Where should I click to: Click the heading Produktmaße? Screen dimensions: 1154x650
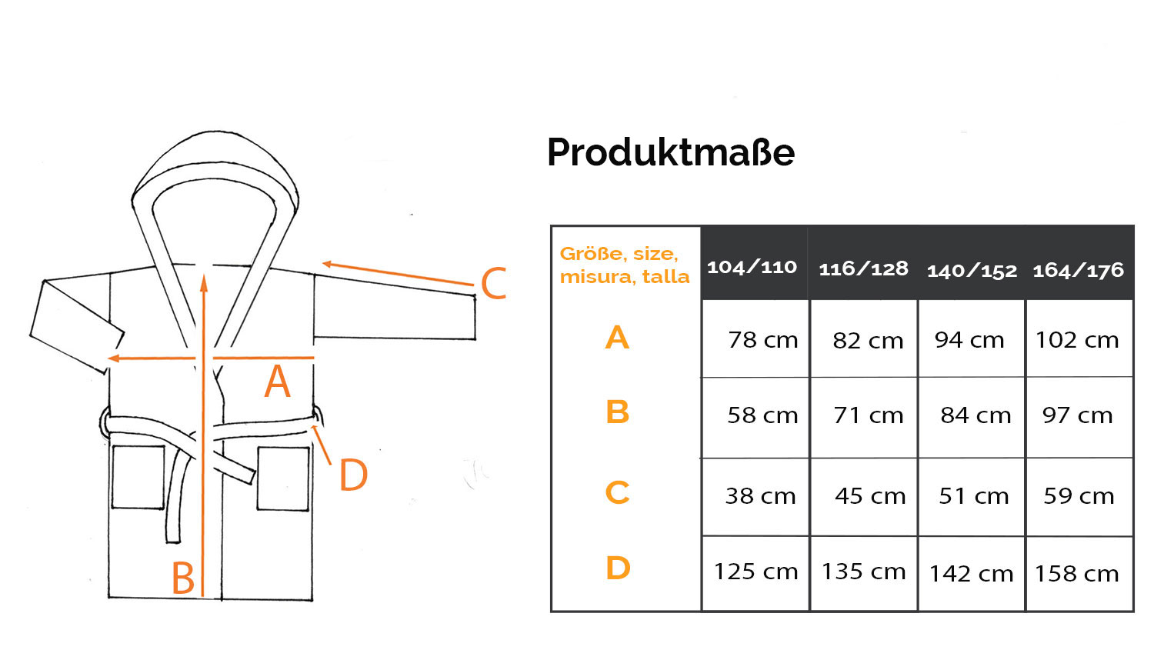click(x=671, y=152)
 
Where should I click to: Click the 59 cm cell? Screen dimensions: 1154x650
click(x=1079, y=496)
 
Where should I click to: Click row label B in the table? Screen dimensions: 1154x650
click(x=618, y=412)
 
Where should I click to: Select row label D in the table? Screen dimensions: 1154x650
click(x=619, y=568)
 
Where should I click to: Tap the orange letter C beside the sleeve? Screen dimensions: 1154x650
click(x=494, y=283)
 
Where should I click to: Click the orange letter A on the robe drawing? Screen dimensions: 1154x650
click(x=277, y=381)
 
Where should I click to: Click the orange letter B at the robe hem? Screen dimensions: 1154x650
click(x=183, y=578)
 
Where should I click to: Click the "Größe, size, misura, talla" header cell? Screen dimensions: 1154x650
click(x=625, y=265)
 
